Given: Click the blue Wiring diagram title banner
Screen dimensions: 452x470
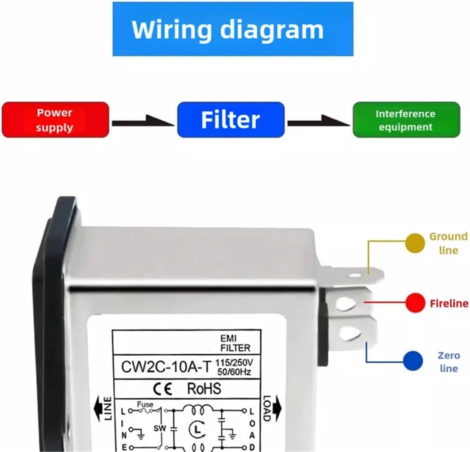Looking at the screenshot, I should click(233, 29).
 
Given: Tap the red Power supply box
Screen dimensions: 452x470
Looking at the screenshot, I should click(55, 120).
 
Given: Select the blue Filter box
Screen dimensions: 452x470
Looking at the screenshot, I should click(230, 120).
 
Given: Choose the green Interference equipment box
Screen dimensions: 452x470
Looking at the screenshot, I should click(406, 120).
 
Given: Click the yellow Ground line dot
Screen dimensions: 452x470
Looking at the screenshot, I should click(415, 243).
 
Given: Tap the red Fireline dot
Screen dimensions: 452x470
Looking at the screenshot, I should click(415, 303).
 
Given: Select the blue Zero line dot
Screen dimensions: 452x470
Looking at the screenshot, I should click(413, 361).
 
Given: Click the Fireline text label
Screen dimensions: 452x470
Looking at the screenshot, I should click(449, 303).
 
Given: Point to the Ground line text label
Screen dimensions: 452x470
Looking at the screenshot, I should click(448, 243).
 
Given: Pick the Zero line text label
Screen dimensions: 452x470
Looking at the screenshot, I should click(448, 362).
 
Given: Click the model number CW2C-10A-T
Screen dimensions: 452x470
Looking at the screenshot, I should click(166, 367).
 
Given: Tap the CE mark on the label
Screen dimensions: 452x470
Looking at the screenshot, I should click(163, 389).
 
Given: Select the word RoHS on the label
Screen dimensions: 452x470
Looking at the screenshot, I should click(204, 389).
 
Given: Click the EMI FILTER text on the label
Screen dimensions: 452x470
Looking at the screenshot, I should click(235, 343).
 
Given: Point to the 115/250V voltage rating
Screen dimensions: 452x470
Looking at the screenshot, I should click(234, 363).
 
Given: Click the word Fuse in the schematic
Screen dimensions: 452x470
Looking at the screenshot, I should click(145, 404).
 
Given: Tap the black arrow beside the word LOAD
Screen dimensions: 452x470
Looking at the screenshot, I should click(277, 406).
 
